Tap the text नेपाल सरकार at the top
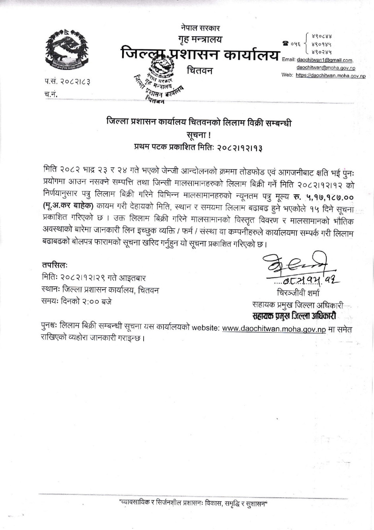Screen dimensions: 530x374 [200, 28]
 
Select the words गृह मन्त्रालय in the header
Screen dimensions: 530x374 [200, 39]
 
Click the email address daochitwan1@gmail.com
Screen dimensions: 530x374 [324, 60]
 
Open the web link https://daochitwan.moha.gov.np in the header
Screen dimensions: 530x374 [331, 75]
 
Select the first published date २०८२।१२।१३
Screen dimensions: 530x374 [239, 147]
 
